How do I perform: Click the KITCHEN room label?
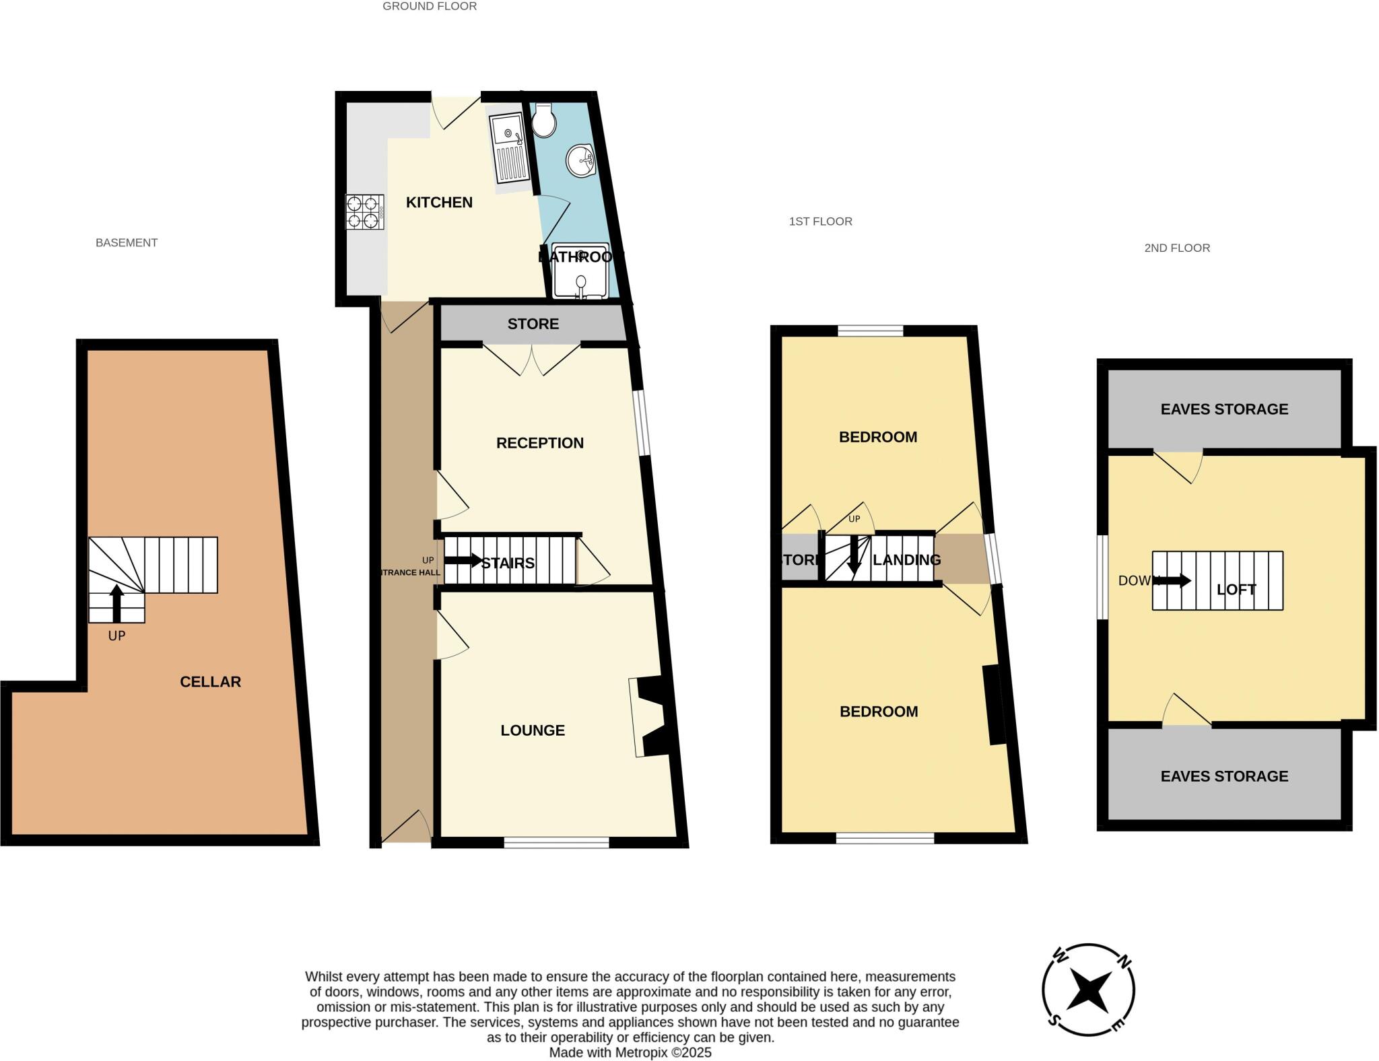(x=439, y=203)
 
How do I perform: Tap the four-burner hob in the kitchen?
(x=364, y=211)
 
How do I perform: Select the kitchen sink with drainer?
(x=510, y=148)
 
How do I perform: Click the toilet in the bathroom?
(x=543, y=121)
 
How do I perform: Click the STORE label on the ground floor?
(x=533, y=324)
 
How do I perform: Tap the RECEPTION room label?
(x=539, y=443)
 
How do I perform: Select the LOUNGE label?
(x=532, y=730)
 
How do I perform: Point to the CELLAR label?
(x=210, y=682)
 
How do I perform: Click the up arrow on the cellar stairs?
(x=116, y=603)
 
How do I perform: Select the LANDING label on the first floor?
(x=906, y=560)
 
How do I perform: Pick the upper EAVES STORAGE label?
(x=1223, y=409)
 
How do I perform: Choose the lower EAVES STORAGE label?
(x=1223, y=776)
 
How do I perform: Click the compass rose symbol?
(x=1088, y=990)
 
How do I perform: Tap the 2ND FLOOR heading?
(x=1176, y=248)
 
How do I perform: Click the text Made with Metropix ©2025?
(x=630, y=1052)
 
